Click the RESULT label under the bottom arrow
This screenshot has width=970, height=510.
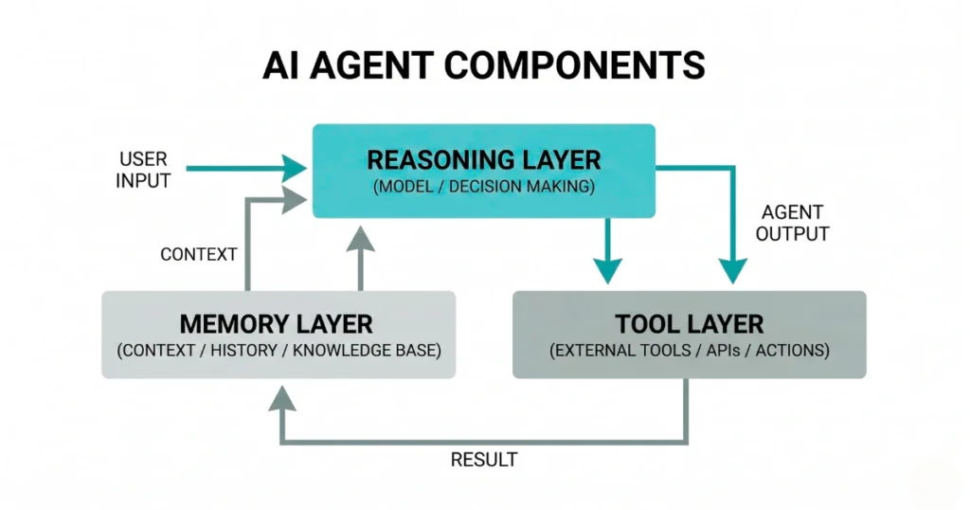tap(484, 460)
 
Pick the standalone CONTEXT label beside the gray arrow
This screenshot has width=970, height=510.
tap(199, 254)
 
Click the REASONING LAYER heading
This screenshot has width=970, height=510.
tap(484, 158)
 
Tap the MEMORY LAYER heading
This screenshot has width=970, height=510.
tap(277, 323)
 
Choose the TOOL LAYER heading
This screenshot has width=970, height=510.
tap(689, 323)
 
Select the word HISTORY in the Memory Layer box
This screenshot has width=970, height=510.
tap(252, 351)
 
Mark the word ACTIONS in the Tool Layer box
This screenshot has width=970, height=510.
tap(788, 351)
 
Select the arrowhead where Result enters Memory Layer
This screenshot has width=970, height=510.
tap(280, 397)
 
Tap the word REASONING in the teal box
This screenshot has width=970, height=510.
tap(439, 158)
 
